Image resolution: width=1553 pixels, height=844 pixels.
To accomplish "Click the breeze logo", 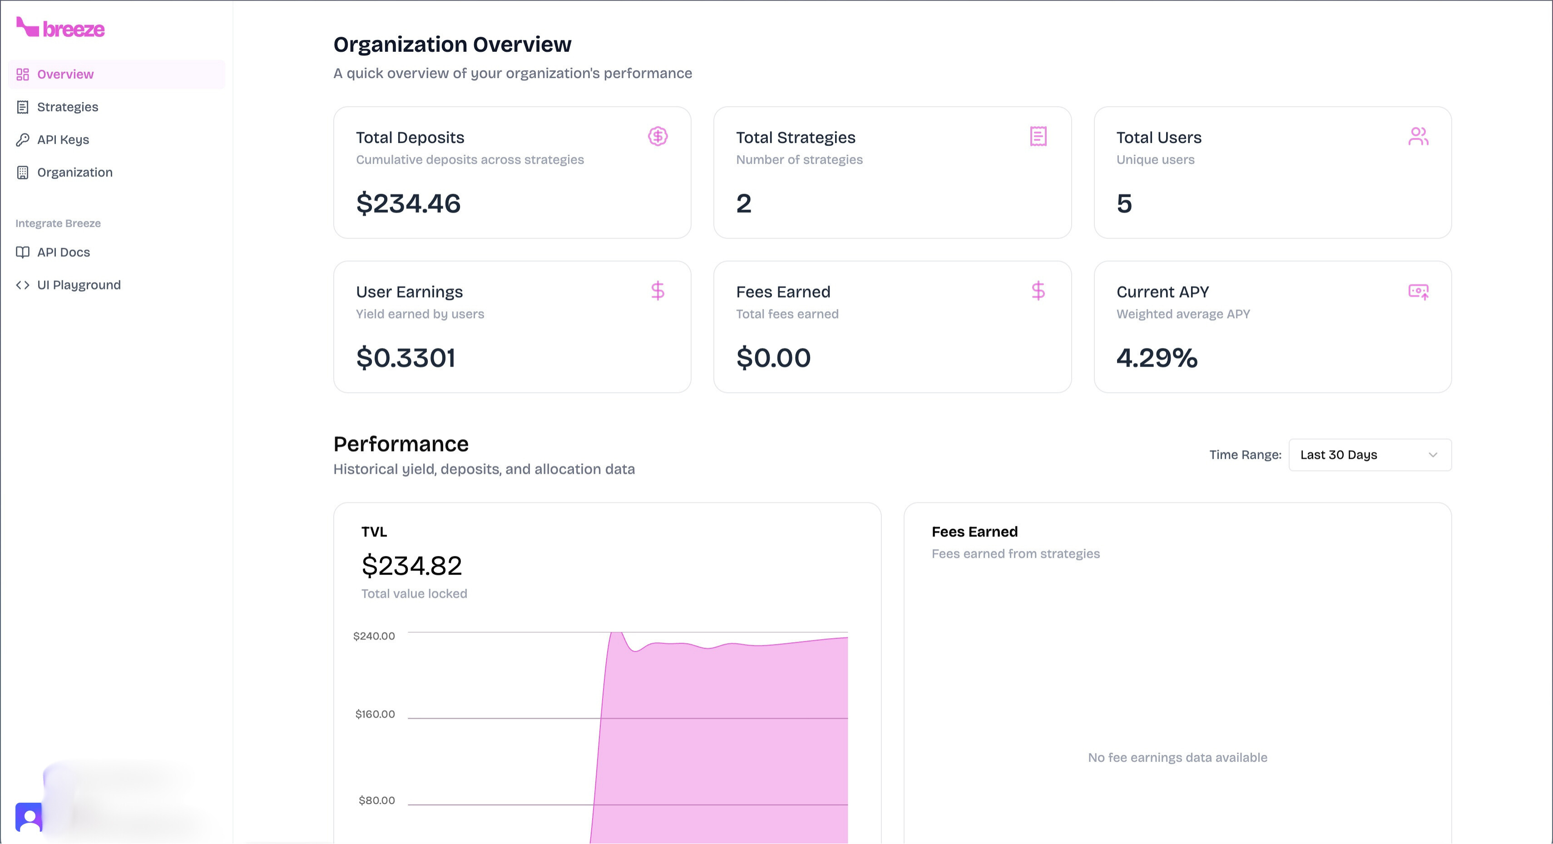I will [x=60, y=28].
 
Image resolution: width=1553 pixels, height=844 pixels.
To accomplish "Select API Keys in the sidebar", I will [x=63, y=139].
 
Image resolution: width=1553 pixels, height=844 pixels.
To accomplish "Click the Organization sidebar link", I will [x=74, y=173].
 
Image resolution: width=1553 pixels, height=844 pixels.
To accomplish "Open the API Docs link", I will [x=63, y=252].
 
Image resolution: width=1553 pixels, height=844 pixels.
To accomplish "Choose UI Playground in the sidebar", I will [x=79, y=285].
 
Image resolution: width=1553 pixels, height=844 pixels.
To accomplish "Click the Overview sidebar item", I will [x=65, y=74].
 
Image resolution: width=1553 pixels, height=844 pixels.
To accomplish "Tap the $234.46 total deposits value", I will [x=408, y=204].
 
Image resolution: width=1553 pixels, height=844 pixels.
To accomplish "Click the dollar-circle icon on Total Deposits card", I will [x=657, y=136].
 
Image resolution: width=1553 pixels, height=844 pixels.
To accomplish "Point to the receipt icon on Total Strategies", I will [x=1038, y=136].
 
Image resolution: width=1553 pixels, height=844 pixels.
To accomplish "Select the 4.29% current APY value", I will [x=1156, y=358].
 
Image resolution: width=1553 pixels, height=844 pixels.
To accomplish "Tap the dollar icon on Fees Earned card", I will [x=1038, y=291].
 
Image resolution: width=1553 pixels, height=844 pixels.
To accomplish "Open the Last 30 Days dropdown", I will [x=1369, y=455].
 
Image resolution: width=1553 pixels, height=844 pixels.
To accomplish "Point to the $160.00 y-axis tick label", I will [x=375, y=714].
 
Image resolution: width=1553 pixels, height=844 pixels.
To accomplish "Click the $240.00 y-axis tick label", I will [x=374, y=636].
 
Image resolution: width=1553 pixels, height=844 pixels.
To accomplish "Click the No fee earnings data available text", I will [x=1177, y=758].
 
